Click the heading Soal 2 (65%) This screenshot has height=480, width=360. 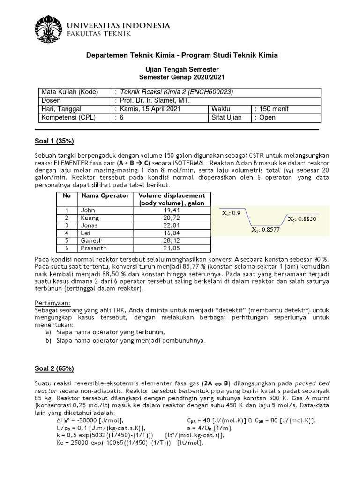55,368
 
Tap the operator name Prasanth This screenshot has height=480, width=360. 93,248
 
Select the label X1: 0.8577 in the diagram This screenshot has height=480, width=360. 265,230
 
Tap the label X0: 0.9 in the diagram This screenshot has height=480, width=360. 231,212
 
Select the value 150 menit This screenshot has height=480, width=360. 272,109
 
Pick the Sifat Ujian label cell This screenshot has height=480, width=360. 227,117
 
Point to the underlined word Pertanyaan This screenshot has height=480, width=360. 53,302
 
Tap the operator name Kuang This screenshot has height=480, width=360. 90,218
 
